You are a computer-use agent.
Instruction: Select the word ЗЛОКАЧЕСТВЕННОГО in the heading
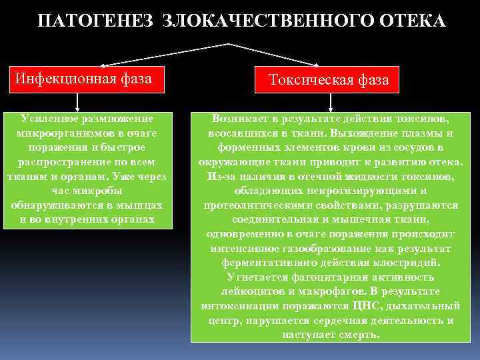[x=259, y=21]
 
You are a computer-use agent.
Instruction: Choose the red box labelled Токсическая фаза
[x=329, y=81]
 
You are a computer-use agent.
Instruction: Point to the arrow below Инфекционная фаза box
[x=78, y=101]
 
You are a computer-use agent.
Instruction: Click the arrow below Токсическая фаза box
[x=331, y=101]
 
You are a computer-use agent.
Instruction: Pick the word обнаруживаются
[x=54, y=205]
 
